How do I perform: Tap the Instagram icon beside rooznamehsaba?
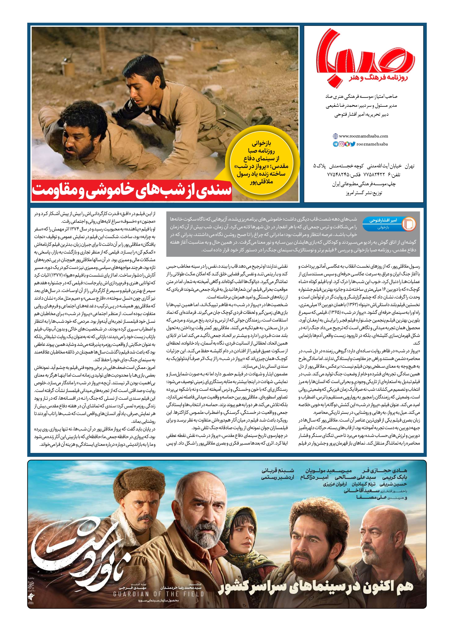(341, 144)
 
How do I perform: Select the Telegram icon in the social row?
(336, 144)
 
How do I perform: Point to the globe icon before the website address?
(335, 136)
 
